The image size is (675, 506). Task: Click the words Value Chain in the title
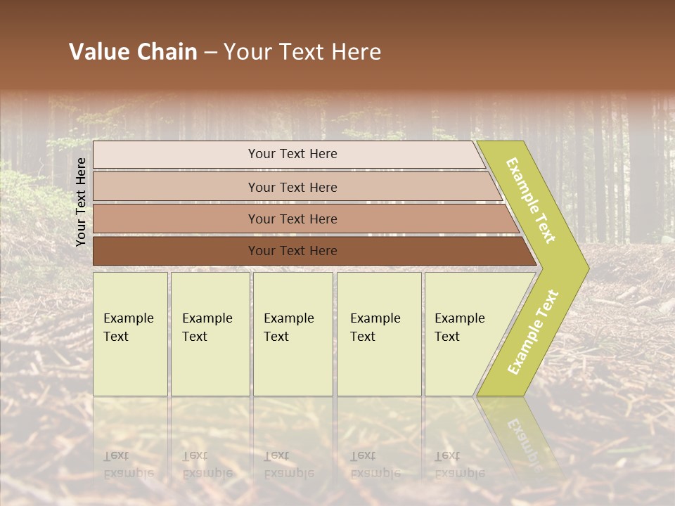click(133, 52)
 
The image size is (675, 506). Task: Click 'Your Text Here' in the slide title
click(302, 52)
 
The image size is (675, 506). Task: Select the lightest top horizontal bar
click(176, 154)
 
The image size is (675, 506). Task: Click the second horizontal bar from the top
click(176, 187)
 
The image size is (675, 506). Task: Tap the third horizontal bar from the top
click(176, 219)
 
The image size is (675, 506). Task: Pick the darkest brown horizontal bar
click(176, 251)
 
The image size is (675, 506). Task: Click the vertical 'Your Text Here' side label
click(81, 202)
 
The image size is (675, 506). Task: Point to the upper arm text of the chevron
click(531, 200)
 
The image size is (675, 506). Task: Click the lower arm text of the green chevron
click(533, 332)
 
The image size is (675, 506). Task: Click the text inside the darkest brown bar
click(292, 251)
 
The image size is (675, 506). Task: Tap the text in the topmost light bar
click(292, 154)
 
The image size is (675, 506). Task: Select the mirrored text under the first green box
click(128, 465)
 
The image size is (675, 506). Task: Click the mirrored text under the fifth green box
click(459, 465)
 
